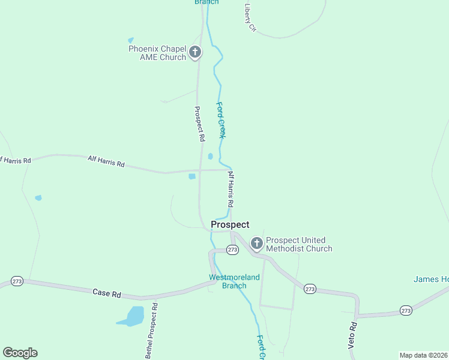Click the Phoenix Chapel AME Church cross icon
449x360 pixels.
pos(194,52)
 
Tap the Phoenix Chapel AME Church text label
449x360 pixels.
pos(157,53)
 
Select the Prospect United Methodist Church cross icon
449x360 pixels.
pos(256,243)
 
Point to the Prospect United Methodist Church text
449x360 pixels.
pos(299,244)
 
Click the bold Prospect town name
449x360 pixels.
pos(230,224)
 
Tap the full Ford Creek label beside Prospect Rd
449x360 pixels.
pos(221,120)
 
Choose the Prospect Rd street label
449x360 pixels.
pos(199,124)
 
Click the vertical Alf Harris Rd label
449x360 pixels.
pos(231,190)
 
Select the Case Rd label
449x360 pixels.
pos(107,293)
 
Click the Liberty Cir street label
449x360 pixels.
pos(250,17)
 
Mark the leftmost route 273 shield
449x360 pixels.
pos(17,281)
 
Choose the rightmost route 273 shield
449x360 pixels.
pos(406,310)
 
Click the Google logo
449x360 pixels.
pos(20,352)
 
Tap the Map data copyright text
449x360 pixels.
pos(423,355)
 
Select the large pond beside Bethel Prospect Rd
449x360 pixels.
pos(132,316)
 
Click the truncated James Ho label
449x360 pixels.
pos(431,279)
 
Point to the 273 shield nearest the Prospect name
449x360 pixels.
pos(233,250)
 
